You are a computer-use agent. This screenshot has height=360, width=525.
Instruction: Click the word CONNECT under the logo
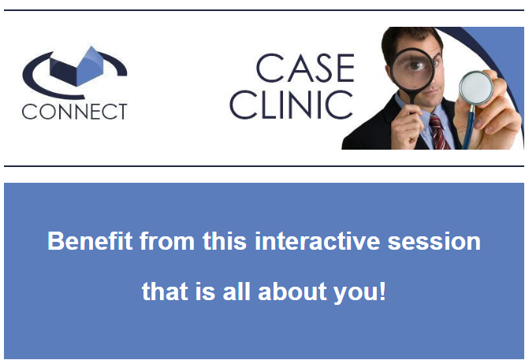[x=74, y=111]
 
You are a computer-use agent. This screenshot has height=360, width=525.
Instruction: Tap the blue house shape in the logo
[x=76, y=67]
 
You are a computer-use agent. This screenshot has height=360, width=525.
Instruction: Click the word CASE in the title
[x=305, y=68]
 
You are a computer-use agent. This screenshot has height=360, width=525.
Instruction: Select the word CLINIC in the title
[x=291, y=105]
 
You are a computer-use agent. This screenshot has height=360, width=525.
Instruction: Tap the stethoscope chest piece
[x=476, y=87]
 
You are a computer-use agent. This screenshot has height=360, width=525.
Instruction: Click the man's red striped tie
[x=438, y=132]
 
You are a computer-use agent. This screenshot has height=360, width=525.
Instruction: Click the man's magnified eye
[x=415, y=65]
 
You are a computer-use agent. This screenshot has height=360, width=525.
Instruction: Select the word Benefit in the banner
[x=90, y=241]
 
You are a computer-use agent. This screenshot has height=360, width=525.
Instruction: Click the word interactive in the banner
[x=318, y=241]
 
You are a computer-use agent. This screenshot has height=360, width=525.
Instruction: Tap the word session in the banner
[x=434, y=242]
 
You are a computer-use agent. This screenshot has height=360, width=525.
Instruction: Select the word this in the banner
[x=225, y=241]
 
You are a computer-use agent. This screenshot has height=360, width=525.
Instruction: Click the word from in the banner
[x=167, y=241]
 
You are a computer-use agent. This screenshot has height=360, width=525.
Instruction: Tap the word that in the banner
[x=165, y=291]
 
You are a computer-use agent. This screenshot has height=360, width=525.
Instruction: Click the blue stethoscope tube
[x=468, y=127]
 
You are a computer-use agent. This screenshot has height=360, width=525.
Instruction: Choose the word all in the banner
[x=236, y=291]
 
